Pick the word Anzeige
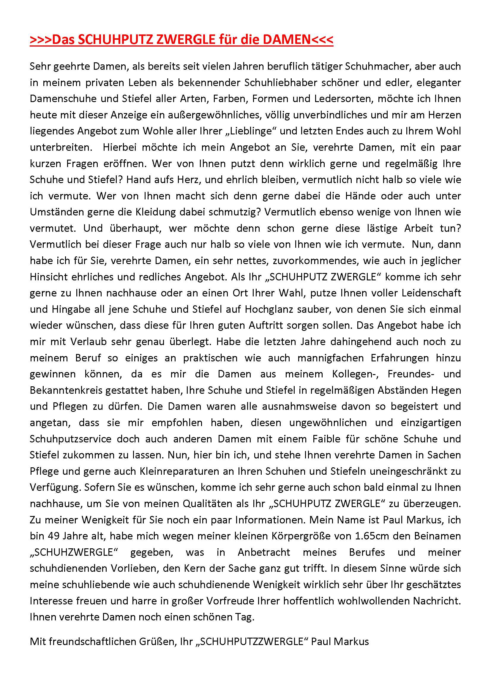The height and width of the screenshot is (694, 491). coord(131,115)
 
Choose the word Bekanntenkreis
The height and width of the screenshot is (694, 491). coord(66,390)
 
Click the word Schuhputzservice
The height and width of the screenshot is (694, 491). coord(70,439)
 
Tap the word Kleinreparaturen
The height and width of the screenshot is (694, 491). coord(179,471)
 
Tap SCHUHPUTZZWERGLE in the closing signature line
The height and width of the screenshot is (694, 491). coord(251,641)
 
